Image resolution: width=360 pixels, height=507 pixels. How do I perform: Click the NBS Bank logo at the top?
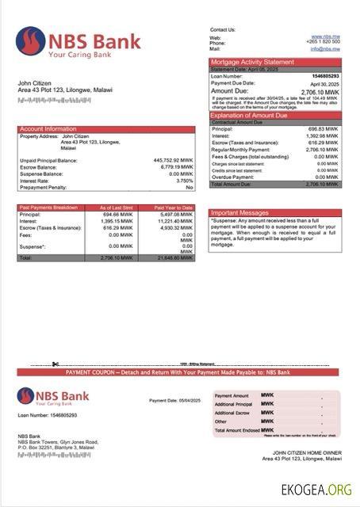(x=79, y=44)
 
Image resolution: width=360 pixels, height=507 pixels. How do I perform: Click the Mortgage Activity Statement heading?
(x=251, y=62)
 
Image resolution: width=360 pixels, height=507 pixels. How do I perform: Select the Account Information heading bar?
(x=48, y=128)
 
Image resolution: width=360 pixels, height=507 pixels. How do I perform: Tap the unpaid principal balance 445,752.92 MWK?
(x=172, y=161)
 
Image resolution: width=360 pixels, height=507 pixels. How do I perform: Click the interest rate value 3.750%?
(x=183, y=181)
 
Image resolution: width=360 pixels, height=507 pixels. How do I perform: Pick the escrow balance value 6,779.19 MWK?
(x=175, y=167)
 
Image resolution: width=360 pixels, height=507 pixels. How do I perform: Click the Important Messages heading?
(x=241, y=212)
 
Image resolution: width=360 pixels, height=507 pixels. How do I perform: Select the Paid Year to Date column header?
(x=174, y=208)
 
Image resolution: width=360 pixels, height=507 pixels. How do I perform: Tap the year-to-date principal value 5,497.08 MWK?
(x=175, y=215)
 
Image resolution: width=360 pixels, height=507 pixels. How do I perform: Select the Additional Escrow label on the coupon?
(x=232, y=413)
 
